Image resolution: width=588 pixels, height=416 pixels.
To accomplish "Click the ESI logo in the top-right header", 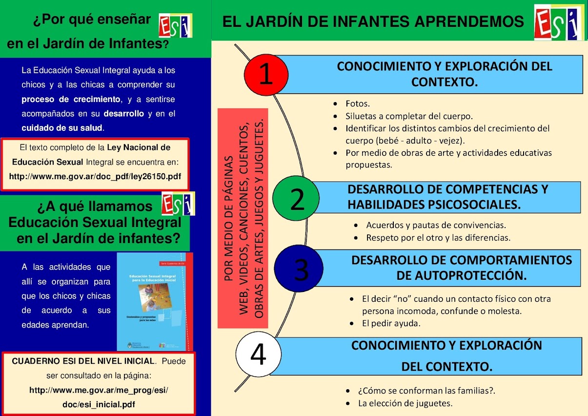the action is click(559, 22).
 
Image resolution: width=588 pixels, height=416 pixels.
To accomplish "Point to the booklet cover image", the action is click(155, 301).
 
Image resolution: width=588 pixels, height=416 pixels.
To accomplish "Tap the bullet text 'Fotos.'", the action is click(358, 104).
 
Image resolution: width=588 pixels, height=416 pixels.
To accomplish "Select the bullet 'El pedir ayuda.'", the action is click(391, 323).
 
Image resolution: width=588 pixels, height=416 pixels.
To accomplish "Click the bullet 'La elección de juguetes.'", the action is click(405, 403).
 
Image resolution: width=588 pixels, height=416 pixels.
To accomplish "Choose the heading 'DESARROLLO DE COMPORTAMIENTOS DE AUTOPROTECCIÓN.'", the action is click(461, 268).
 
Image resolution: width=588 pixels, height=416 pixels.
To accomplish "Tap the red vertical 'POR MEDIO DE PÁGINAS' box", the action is click(243, 218).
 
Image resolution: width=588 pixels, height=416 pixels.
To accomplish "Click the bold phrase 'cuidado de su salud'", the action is click(62, 128).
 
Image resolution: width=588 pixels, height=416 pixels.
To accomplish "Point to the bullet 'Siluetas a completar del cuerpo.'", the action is click(409, 116).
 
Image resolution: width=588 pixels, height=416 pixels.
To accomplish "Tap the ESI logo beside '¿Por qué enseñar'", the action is click(176, 26).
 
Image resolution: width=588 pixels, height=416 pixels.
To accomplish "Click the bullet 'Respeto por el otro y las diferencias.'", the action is click(438, 238).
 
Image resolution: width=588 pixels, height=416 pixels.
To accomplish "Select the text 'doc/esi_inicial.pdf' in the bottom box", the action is click(99, 404).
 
